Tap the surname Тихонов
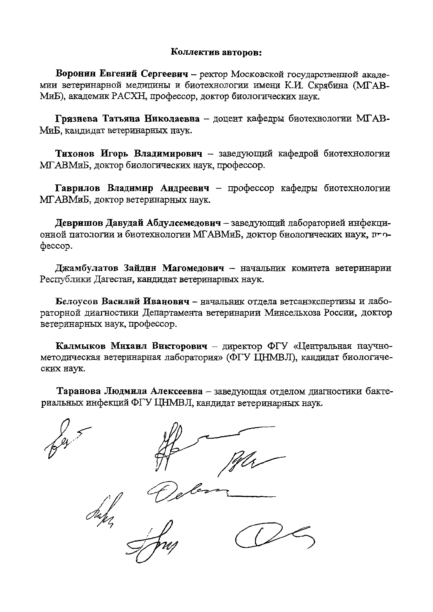75,154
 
